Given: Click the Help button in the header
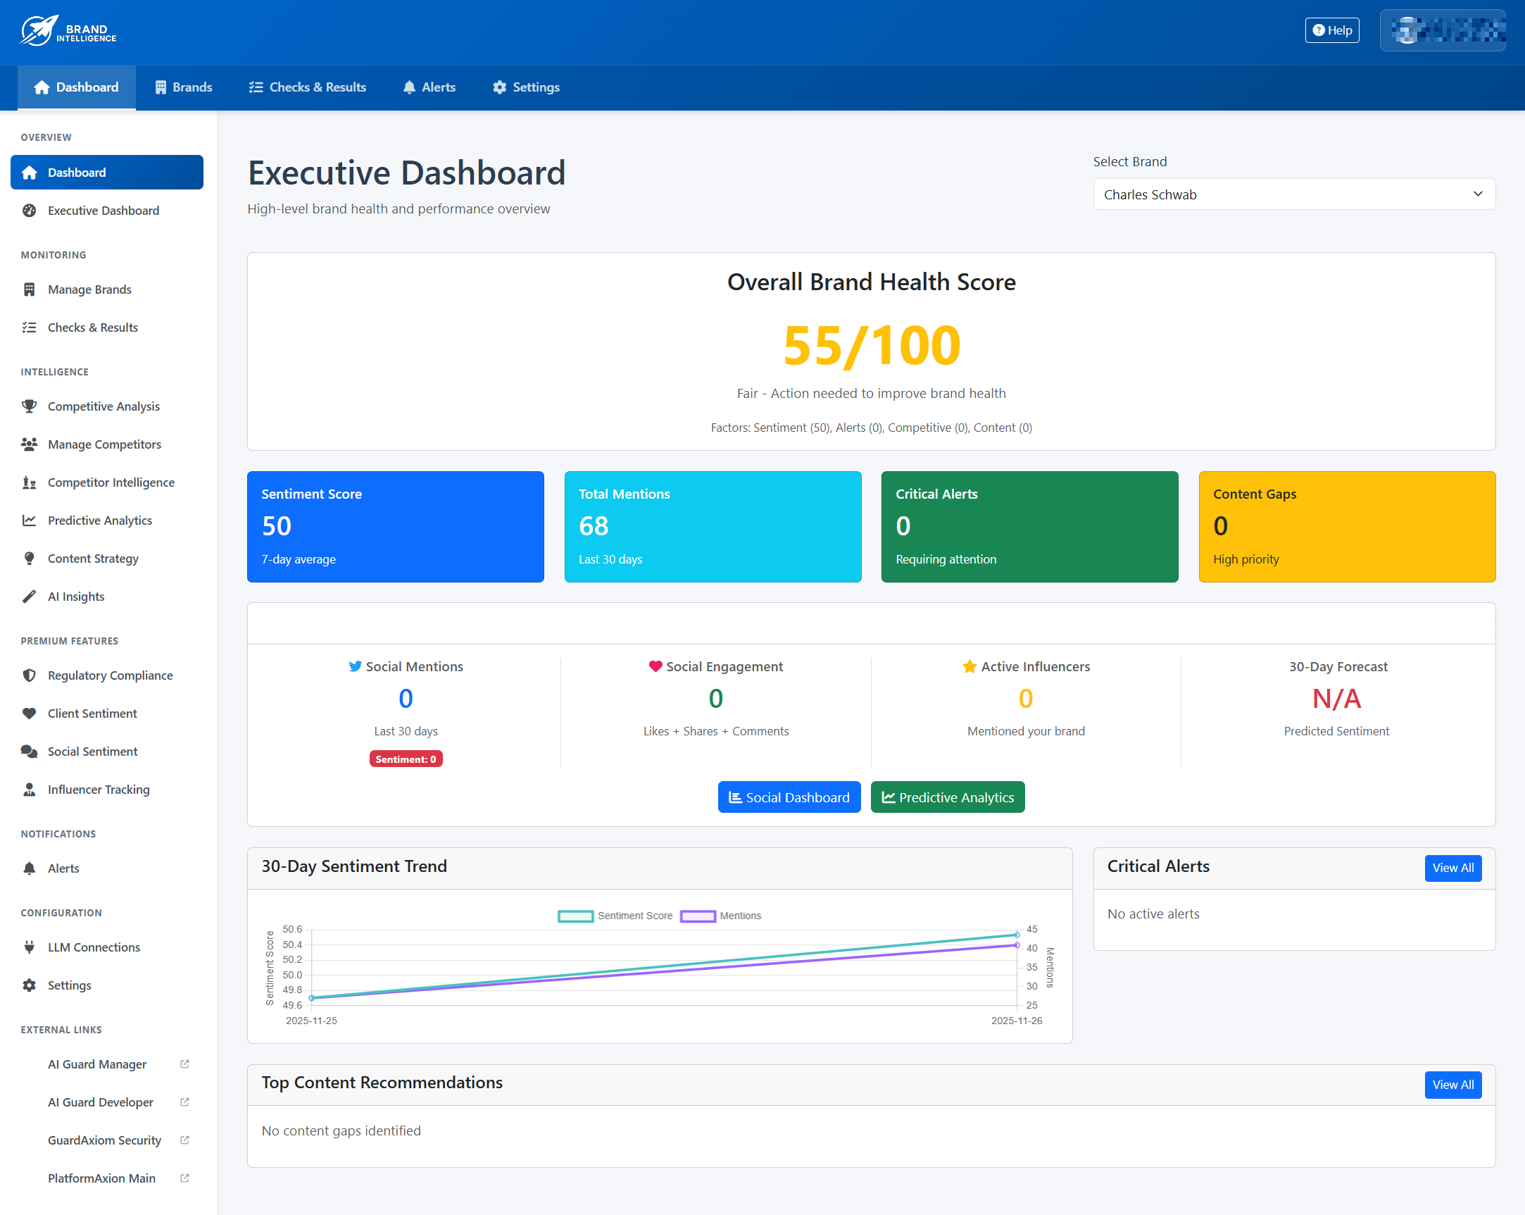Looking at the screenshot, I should [1331, 30].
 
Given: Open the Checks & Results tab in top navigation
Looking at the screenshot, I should [308, 87].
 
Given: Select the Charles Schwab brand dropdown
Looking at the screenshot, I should [1293, 194].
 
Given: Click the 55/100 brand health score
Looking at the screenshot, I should [872, 346].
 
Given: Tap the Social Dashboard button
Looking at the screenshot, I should [789, 797].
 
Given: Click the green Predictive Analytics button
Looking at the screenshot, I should [947, 797].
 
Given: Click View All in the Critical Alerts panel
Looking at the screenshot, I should [1452, 868].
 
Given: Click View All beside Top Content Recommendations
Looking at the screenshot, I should [1452, 1085].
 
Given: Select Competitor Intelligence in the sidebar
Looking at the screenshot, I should [111, 482].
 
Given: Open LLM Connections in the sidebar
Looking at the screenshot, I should [94, 947].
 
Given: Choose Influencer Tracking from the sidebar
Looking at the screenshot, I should [99, 790].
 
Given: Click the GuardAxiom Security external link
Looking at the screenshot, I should [105, 1140].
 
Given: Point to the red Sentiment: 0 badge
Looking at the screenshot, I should [406, 759].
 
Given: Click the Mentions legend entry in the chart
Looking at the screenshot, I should [721, 916].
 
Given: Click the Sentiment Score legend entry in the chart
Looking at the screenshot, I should [615, 916].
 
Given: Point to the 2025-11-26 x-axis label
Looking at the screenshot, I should [1016, 1021].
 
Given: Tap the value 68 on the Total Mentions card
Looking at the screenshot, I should [594, 525].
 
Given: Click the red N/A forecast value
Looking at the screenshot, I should [1336, 699].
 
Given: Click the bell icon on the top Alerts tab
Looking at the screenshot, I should [409, 87].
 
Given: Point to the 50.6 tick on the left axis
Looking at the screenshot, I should [292, 929].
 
